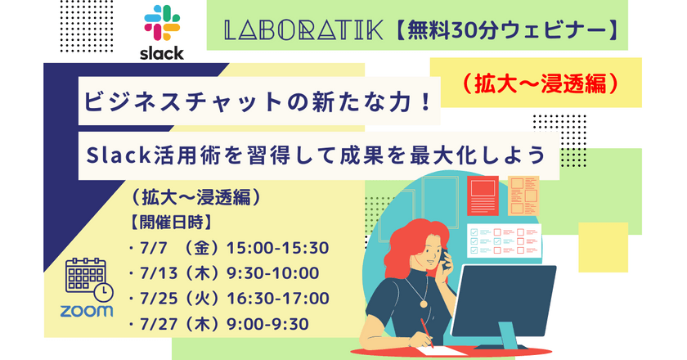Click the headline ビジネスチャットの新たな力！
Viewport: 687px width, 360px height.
[x=258, y=101]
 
